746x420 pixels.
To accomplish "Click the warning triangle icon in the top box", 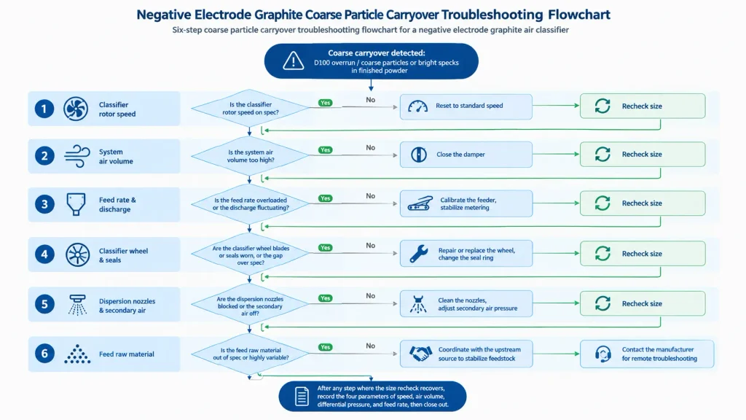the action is click(293, 61).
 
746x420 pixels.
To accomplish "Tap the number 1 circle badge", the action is click(44, 109).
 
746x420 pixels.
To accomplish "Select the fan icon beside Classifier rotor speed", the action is click(76, 109).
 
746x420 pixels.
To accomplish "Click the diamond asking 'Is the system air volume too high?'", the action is click(250, 156).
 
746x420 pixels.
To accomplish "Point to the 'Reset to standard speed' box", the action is click(466, 106).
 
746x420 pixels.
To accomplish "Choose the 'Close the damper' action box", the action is click(466, 155).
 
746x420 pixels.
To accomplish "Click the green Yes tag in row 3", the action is click(326, 198).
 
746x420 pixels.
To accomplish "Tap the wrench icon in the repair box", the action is click(419, 254).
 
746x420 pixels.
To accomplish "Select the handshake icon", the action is click(420, 354).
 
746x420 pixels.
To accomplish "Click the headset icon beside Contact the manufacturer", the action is click(602, 354).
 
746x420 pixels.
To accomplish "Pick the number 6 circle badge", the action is click(44, 354).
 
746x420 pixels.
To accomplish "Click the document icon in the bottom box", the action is click(302, 396).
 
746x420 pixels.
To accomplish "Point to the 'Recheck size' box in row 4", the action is click(643, 253).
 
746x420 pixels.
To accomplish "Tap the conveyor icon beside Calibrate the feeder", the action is click(420, 204).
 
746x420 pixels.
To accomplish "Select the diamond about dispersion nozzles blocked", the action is click(250, 303).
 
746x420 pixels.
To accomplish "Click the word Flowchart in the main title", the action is click(578, 15).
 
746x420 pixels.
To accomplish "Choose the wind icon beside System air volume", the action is click(76, 156).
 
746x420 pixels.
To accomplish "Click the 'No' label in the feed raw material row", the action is click(371, 346).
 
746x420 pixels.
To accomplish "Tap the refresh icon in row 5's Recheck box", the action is click(602, 303).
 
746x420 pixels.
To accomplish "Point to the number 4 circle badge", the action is click(44, 254).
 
